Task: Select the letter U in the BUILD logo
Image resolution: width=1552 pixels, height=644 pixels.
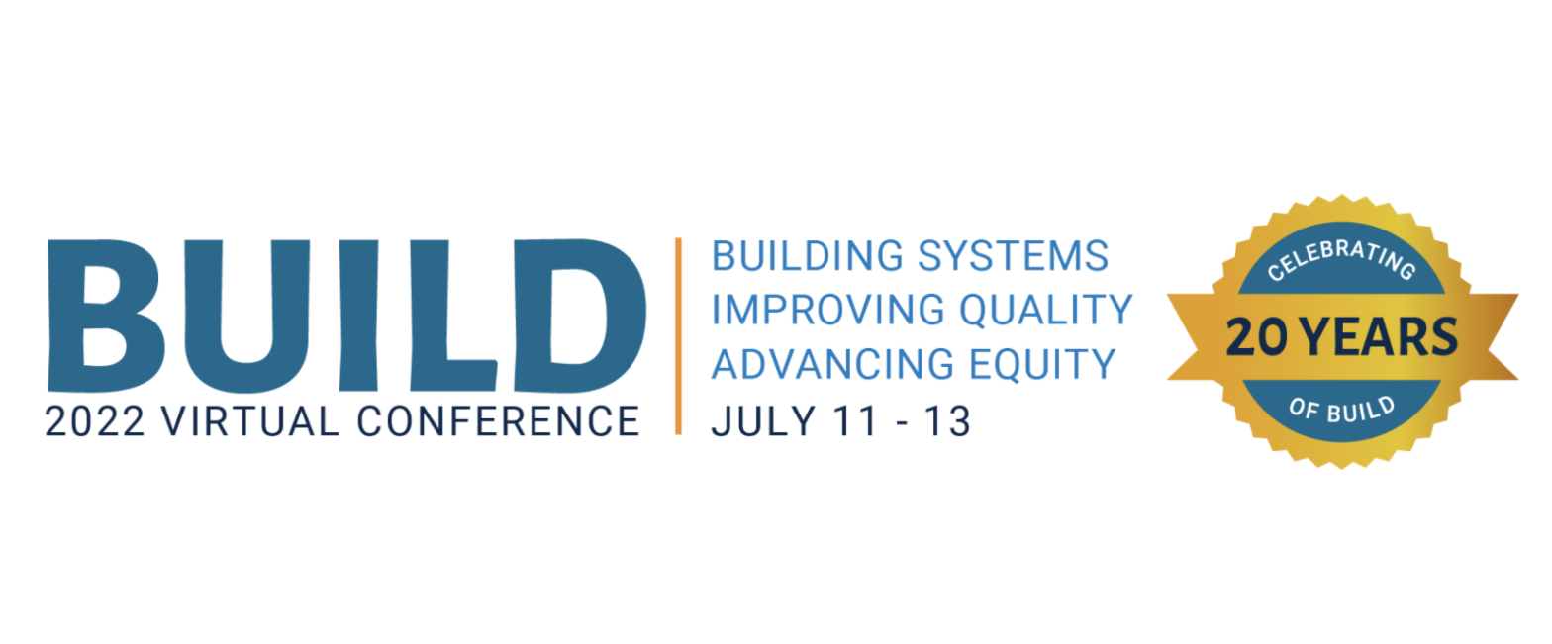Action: coord(246,316)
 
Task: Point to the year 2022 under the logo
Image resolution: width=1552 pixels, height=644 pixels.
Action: coord(95,421)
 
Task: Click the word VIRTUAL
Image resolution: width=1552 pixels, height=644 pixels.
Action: coord(250,421)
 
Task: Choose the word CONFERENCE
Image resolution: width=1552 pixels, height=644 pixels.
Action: coord(498,421)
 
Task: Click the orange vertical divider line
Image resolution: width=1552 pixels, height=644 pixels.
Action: coord(678,336)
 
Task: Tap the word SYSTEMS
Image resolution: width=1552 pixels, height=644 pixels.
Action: coord(1013,256)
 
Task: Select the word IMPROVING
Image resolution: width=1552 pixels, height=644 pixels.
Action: coord(827,310)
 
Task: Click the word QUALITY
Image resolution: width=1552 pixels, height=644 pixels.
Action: coord(1046,311)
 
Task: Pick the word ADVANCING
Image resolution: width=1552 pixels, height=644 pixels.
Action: coord(832,364)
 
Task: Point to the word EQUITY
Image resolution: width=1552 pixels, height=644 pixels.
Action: coord(1042,365)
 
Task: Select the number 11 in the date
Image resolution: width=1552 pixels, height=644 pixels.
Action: coord(855,421)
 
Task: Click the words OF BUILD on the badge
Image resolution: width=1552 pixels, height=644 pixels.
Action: coord(1341,411)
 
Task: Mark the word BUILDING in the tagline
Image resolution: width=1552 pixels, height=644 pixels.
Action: coord(808,256)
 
